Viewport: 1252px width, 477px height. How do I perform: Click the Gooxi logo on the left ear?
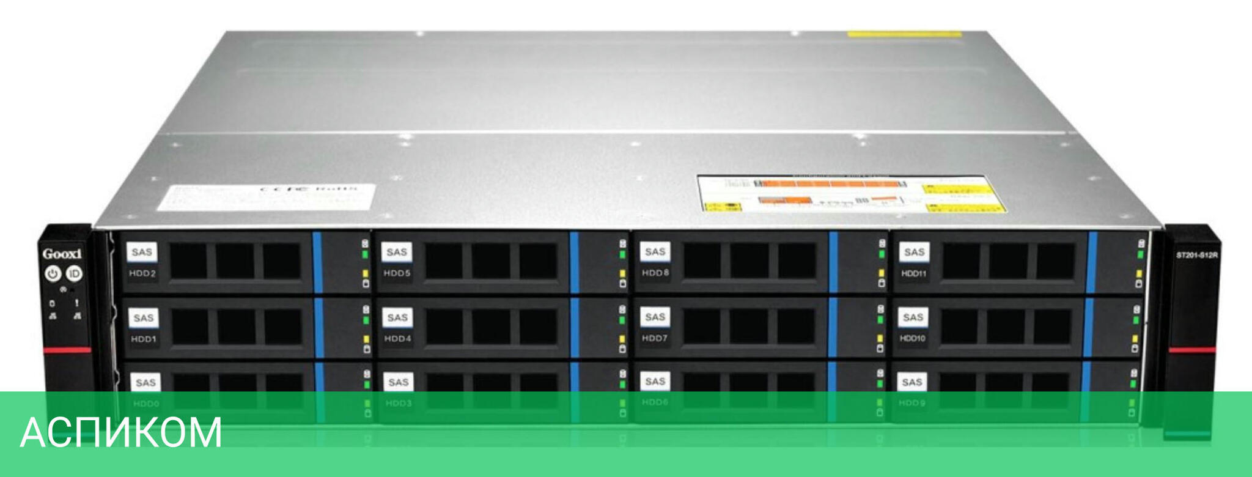(62, 254)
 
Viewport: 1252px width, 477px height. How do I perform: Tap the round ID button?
(74, 273)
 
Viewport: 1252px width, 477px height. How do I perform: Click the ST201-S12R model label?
(1197, 255)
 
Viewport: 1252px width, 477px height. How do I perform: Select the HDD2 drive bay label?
(142, 273)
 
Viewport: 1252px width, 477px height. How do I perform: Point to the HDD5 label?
(397, 273)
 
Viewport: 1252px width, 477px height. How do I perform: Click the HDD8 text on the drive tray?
(655, 273)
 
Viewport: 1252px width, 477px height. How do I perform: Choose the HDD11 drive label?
(913, 273)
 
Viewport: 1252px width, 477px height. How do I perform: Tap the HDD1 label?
(144, 339)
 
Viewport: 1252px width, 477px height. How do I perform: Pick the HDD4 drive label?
(397, 338)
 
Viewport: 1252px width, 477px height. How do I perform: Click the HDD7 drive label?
(655, 338)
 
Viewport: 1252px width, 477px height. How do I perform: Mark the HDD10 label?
(912, 338)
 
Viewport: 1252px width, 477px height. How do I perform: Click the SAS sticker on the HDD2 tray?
(142, 252)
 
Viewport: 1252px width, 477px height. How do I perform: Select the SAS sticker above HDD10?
(913, 317)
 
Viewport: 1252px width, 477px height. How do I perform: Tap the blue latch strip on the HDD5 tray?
(574, 262)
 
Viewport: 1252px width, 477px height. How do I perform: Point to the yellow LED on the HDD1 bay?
(367, 339)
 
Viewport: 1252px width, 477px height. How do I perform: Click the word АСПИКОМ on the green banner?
(121, 433)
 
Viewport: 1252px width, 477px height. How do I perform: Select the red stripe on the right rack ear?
(1192, 350)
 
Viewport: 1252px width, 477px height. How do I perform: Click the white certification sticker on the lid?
(266, 197)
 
